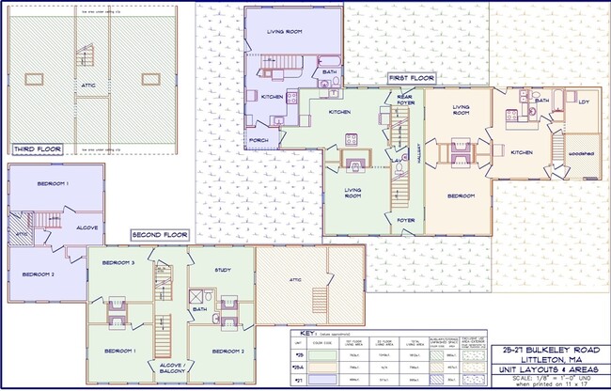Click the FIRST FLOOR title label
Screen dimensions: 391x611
[x=411, y=78]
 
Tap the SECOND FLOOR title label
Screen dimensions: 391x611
[x=161, y=234]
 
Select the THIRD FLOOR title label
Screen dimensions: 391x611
[x=36, y=149]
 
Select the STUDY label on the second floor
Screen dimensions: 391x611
[x=223, y=270]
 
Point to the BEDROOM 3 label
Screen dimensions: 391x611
[x=118, y=262]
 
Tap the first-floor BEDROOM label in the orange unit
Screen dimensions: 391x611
[x=460, y=195]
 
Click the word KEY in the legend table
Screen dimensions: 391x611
[x=305, y=334]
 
